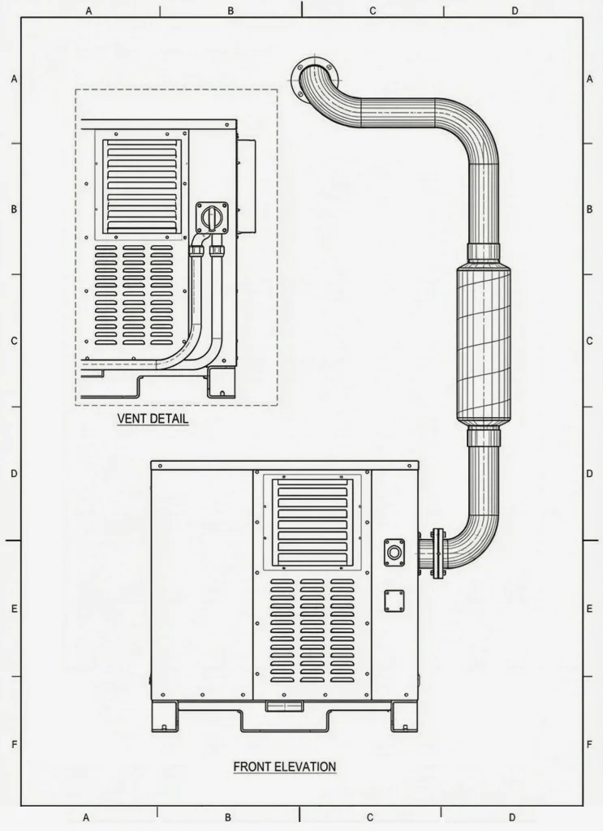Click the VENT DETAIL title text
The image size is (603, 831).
coord(153,419)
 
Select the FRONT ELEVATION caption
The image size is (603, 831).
coord(284,766)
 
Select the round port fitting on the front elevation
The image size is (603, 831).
coord(394,552)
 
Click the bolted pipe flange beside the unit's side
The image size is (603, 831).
coord(438,553)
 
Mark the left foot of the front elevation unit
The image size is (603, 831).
coord(166,717)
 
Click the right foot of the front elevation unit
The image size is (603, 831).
coord(403,717)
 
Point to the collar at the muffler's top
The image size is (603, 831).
coord(484,252)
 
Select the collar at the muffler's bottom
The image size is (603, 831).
coord(484,438)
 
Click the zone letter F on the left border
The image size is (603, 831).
coord(14,744)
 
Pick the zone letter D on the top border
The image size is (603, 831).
coord(515,11)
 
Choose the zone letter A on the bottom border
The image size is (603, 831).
coord(87,816)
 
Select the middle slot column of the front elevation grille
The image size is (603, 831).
coord(312,631)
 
